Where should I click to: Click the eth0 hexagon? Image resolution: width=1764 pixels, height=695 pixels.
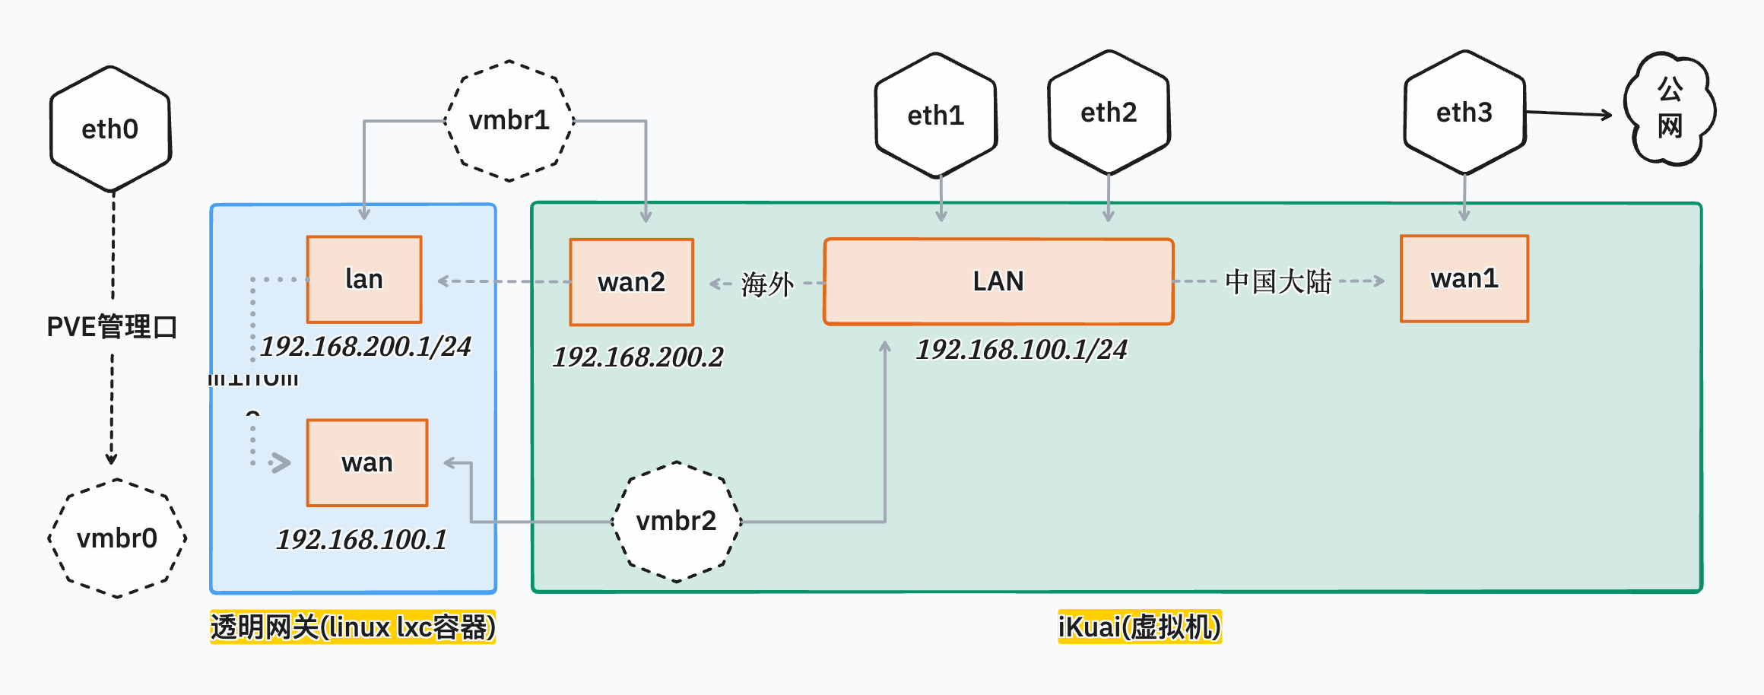(x=110, y=129)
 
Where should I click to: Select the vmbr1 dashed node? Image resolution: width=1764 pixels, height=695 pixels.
(x=509, y=121)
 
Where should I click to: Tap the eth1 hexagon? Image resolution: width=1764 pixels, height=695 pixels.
(x=936, y=116)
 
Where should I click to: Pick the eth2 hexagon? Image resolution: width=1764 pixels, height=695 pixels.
(x=1109, y=113)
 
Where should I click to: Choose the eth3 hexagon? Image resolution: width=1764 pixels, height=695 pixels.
(x=1464, y=113)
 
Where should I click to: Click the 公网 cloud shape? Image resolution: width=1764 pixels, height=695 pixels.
(x=1670, y=109)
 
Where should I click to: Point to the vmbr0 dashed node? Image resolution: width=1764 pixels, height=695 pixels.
(x=117, y=538)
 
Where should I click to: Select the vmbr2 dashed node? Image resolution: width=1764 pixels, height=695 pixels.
(x=676, y=522)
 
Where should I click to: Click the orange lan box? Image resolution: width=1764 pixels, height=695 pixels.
(x=364, y=279)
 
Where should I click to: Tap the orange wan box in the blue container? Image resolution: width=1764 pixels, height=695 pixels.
(x=367, y=462)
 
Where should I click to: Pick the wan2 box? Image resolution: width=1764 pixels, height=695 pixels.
(x=631, y=282)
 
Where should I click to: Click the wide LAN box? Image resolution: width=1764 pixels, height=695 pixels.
(x=998, y=281)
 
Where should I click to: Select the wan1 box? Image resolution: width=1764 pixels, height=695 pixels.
(x=1464, y=278)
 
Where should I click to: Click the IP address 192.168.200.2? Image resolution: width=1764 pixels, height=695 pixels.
(x=638, y=357)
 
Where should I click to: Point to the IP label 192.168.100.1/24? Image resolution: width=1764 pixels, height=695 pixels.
(x=1021, y=349)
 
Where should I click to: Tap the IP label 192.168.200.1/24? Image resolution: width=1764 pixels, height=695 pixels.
(x=366, y=346)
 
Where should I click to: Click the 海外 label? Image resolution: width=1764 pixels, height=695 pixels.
(x=767, y=284)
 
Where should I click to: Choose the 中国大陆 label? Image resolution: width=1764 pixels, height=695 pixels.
(x=1278, y=281)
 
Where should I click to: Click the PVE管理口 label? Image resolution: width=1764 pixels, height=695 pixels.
(x=112, y=327)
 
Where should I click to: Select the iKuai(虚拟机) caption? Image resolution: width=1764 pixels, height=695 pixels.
(x=1139, y=627)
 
